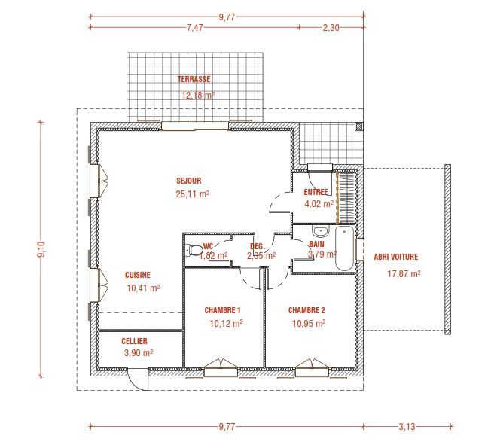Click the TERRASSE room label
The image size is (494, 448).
pos(194,79)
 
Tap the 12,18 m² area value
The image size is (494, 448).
pos(198,96)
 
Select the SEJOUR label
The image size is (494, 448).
pos(188,181)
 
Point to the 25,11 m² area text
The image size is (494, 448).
pos(192,194)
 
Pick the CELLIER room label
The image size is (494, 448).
pos(134,341)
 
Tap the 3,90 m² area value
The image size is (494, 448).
pos(138,352)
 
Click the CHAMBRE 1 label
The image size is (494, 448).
pos(222,310)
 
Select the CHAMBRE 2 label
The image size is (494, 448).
pos(306,310)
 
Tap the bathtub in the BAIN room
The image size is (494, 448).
pos(344,249)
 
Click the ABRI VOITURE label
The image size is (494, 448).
pos(395,257)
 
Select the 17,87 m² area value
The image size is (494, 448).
pos(404,274)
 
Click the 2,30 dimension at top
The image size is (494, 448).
pos(331,27)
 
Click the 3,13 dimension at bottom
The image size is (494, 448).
pos(406,427)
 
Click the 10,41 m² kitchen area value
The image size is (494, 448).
pos(143,288)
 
